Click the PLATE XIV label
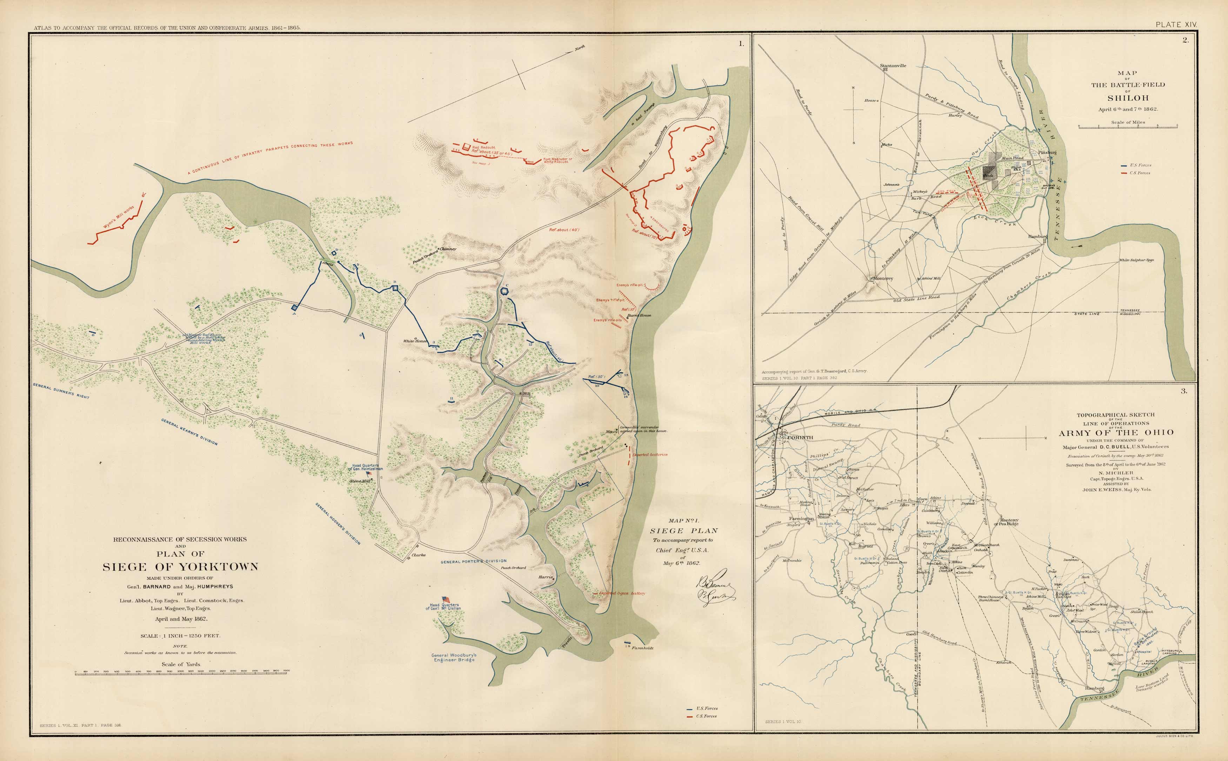(1176, 24)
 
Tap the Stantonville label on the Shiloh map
(893, 65)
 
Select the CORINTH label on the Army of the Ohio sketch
(799, 437)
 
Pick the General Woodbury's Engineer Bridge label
(454, 657)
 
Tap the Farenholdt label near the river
(642, 648)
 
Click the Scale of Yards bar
(181, 674)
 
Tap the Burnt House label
(639, 316)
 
